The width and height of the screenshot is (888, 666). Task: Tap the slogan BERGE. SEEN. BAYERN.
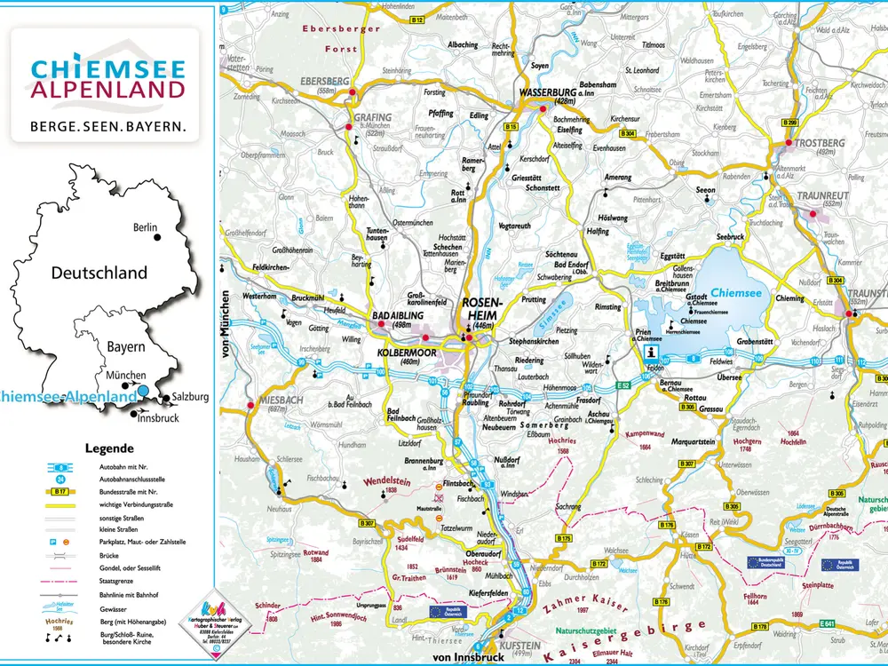point(108,126)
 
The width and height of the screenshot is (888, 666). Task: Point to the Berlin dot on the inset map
point(157,237)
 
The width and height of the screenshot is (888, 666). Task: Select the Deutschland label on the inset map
point(99,273)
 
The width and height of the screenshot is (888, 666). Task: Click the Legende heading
point(109,448)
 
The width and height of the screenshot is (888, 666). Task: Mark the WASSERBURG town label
point(549,91)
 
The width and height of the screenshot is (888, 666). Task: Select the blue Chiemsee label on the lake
point(736,290)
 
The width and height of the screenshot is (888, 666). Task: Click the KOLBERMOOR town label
point(397,352)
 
